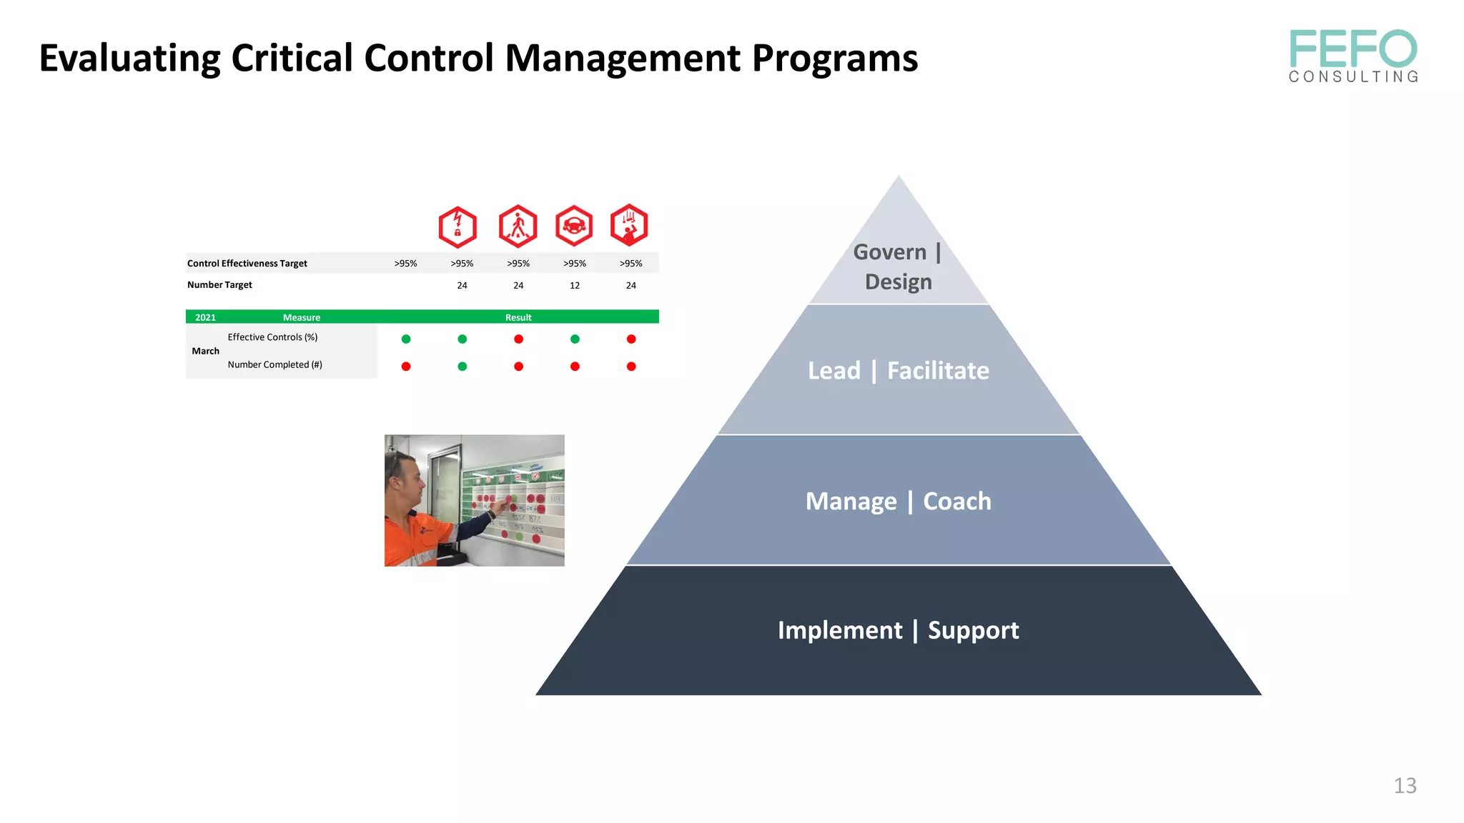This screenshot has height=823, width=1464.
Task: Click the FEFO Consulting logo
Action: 1352,56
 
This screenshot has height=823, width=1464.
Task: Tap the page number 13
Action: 1405,785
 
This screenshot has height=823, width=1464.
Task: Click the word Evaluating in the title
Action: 129,58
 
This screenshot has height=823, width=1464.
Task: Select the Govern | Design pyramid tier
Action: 898,266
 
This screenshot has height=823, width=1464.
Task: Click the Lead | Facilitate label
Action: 898,370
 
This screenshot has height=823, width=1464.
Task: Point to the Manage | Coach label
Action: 898,501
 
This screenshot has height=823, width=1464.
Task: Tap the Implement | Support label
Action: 898,630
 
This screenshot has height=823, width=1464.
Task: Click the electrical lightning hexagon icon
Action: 457,226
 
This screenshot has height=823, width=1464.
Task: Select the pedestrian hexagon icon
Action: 518,226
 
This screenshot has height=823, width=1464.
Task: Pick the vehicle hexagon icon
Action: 574,226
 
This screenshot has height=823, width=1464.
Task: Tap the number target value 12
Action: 575,285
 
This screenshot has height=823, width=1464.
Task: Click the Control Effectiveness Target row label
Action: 247,264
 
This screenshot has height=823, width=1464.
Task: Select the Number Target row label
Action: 219,284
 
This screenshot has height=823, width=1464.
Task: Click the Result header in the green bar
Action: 518,317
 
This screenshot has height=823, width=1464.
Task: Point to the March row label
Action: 205,351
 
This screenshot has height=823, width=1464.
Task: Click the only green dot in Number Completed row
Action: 463,366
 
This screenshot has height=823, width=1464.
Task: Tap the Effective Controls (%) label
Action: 272,337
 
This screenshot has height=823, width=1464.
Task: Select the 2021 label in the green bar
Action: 205,317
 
